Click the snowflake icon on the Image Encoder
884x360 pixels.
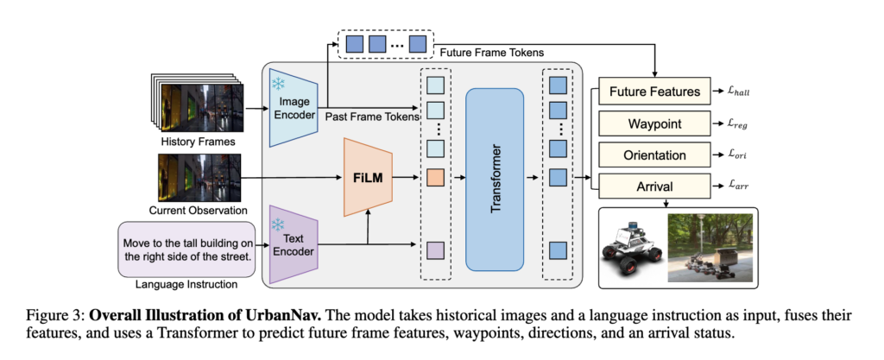pos(279,84)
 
